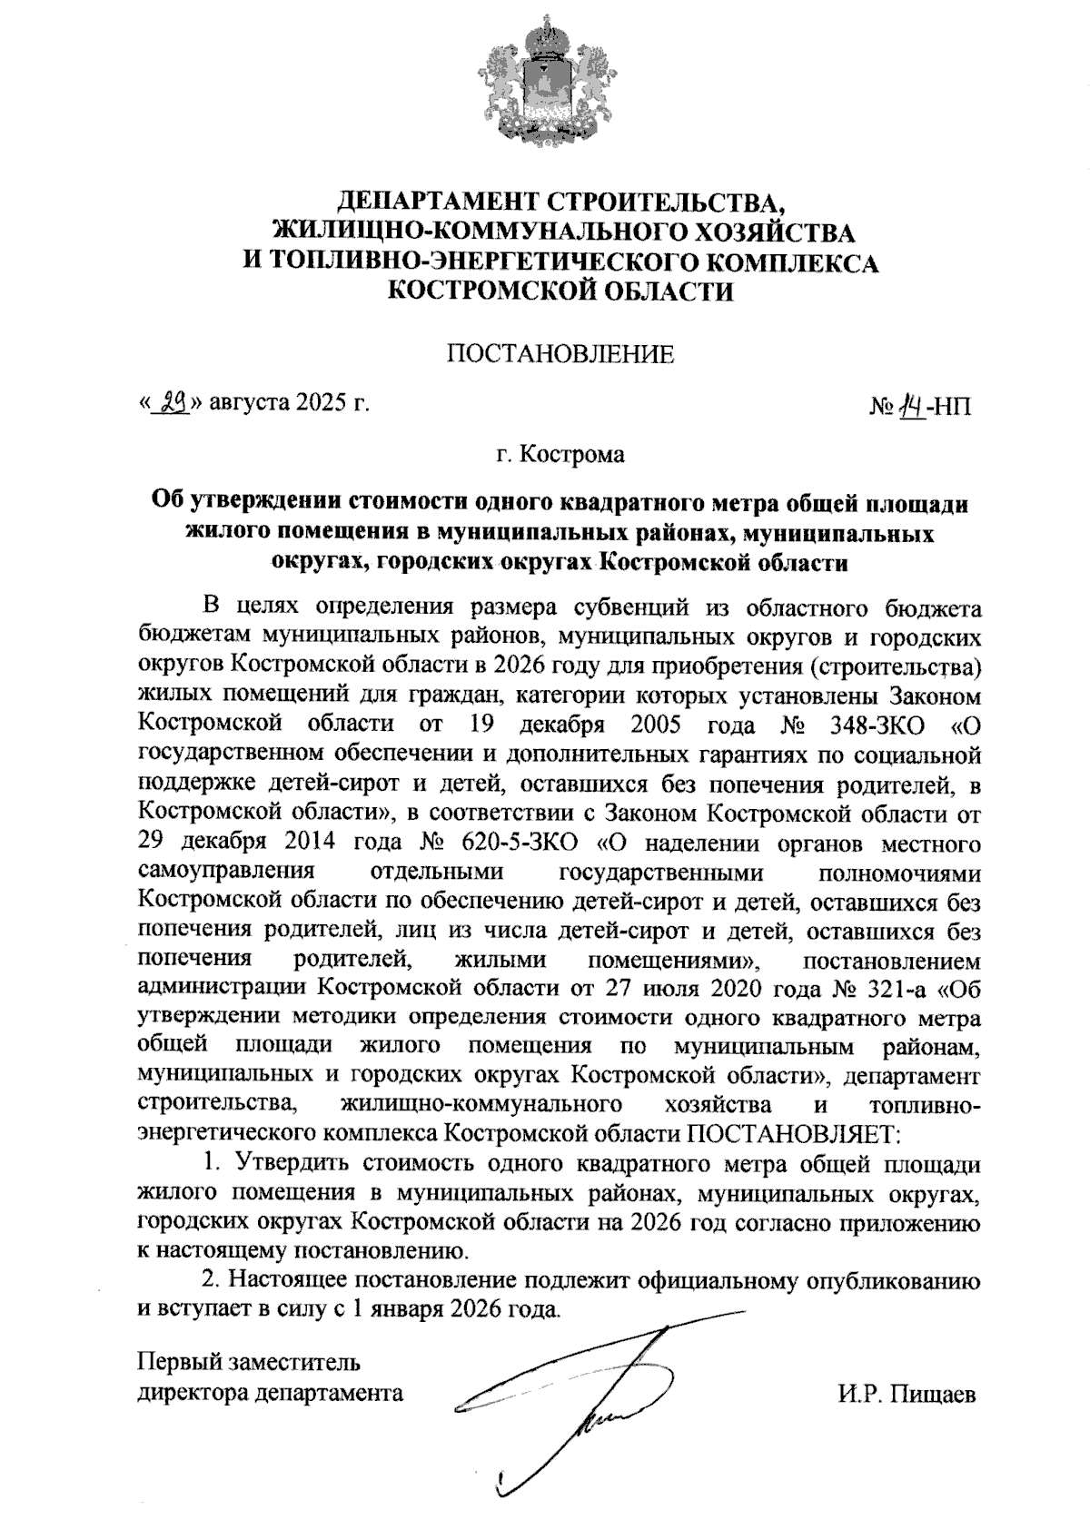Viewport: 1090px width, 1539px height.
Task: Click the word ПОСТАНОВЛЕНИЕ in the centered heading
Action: (x=560, y=354)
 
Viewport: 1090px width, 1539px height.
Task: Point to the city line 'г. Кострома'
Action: (x=560, y=453)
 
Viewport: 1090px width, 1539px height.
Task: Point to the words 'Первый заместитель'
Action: (x=248, y=1364)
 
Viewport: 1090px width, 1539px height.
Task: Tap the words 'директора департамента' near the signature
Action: (x=270, y=1393)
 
